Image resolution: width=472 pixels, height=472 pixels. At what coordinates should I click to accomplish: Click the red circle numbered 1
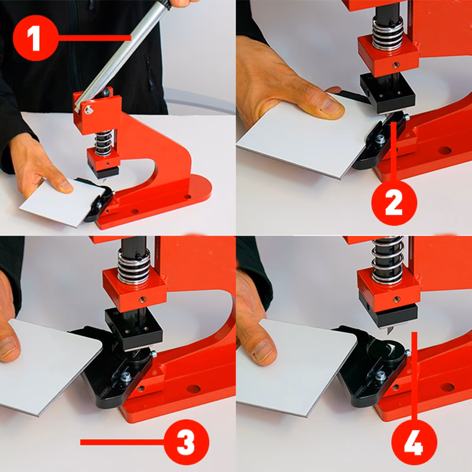pyautogui.click(x=35, y=38)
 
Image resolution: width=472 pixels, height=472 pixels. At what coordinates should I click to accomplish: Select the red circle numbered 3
pyautogui.click(x=186, y=442)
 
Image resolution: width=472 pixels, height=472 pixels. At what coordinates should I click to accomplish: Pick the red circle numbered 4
pyautogui.click(x=414, y=442)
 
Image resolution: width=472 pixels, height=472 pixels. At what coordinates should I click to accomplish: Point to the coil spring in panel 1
pyautogui.click(x=103, y=143)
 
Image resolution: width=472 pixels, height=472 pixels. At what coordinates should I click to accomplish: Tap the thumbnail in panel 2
pyautogui.click(x=332, y=106)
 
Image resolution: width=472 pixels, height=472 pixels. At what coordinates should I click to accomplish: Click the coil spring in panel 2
pyautogui.click(x=388, y=33)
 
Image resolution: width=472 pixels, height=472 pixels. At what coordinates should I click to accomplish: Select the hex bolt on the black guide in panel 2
pyautogui.click(x=380, y=139)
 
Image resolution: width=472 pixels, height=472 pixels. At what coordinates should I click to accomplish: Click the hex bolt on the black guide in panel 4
pyautogui.click(x=380, y=376)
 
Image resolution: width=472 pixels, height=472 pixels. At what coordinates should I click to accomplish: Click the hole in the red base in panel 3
pyautogui.click(x=194, y=389)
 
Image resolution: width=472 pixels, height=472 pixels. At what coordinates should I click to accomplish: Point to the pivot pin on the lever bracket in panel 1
pyautogui.click(x=88, y=110)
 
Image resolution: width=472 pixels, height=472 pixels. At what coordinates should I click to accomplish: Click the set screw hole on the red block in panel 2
pyautogui.click(x=396, y=64)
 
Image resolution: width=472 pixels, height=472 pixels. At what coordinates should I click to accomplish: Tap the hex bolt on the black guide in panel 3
pyautogui.click(x=126, y=376)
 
